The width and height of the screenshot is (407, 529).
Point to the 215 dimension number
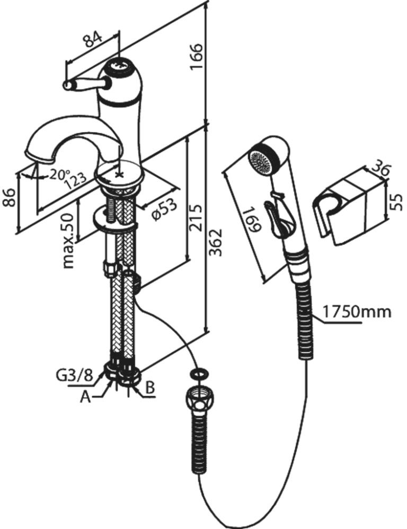196,217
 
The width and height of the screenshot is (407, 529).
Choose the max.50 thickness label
68,241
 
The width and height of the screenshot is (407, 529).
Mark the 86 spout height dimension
10,197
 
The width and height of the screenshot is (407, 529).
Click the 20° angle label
59,174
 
